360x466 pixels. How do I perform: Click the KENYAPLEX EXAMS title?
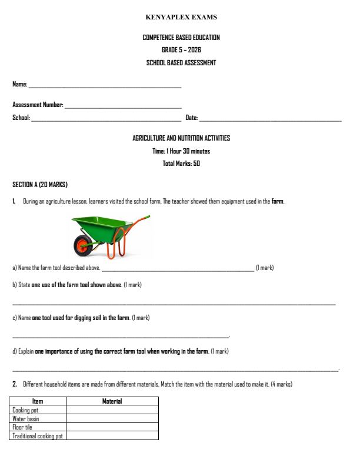tap(181, 17)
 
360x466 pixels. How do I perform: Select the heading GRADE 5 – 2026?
tap(181, 50)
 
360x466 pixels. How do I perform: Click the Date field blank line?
tap(270, 120)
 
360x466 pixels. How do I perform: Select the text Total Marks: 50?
tap(181, 164)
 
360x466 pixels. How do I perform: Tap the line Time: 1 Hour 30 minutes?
tap(181, 151)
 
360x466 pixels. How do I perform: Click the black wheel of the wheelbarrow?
tap(84, 245)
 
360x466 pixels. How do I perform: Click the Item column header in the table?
tap(38, 401)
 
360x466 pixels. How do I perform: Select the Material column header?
tap(112, 401)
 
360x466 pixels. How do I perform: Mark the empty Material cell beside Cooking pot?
tap(112, 410)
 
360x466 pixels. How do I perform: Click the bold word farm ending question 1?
tap(277, 202)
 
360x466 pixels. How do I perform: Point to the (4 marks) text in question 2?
tap(281, 384)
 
